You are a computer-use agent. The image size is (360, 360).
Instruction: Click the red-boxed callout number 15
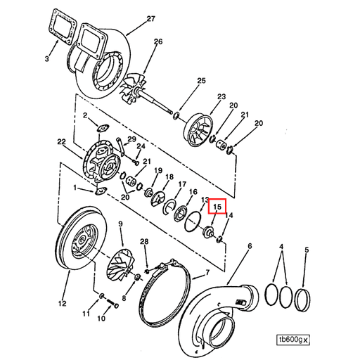point(217,207)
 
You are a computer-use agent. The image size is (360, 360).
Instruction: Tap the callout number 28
point(143,242)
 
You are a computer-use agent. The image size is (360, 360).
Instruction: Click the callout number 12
point(61,304)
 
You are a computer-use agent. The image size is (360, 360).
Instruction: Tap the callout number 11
point(86,311)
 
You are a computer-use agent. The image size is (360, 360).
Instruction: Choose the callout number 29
point(131,141)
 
